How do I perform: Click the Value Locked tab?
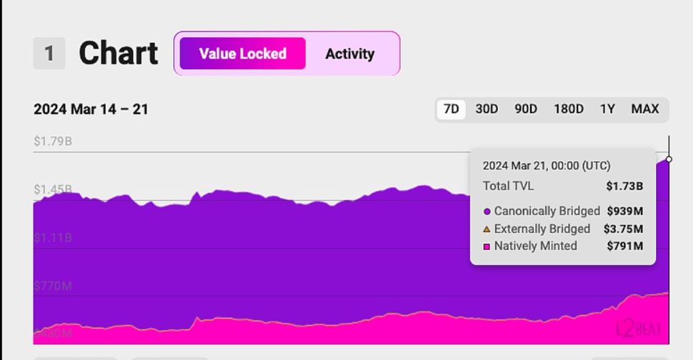pyautogui.click(x=243, y=54)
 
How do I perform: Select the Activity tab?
pyautogui.click(x=349, y=54)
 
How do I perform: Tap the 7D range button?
pyautogui.click(x=451, y=109)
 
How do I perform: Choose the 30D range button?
pyautogui.click(x=487, y=109)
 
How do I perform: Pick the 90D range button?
pyautogui.click(x=526, y=109)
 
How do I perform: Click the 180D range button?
pyautogui.click(x=569, y=109)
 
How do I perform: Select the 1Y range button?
pyautogui.click(x=607, y=109)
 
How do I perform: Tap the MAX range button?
pyautogui.click(x=644, y=109)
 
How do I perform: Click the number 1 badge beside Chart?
pyautogui.click(x=49, y=54)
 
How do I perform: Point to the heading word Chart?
pyautogui.click(x=119, y=54)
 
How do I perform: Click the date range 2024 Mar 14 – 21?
pyautogui.click(x=91, y=109)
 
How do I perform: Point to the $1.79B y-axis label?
pyautogui.click(x=53, y=141)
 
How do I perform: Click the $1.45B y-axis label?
pyautogui.click(x=53, y=189)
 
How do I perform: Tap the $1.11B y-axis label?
pyautogui.click(x=53, y=237)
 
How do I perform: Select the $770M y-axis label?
pyautogui.click(x=53, y=286)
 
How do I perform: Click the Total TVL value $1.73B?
pyautogui.click(x=624, y=186)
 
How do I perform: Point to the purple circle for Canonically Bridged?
pyautogui.click(x=487, y=211)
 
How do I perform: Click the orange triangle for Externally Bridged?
pyautogui.click(x=487, y=229)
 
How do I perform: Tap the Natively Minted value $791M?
pyautogui.click(x=625, y=246)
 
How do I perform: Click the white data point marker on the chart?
pyautogui.click(x=669, y=159)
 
